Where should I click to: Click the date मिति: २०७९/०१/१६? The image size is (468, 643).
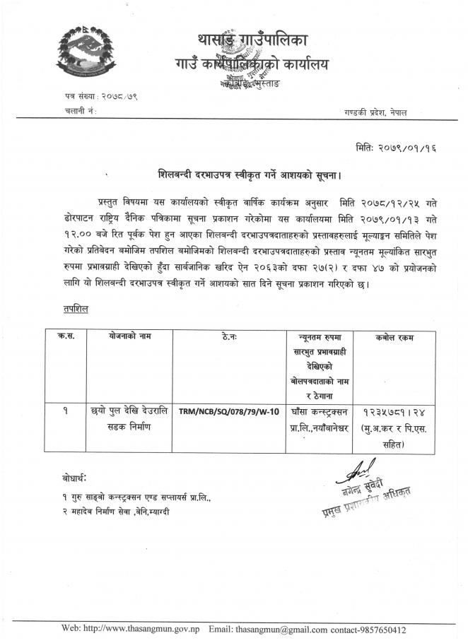tap(397, 148)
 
